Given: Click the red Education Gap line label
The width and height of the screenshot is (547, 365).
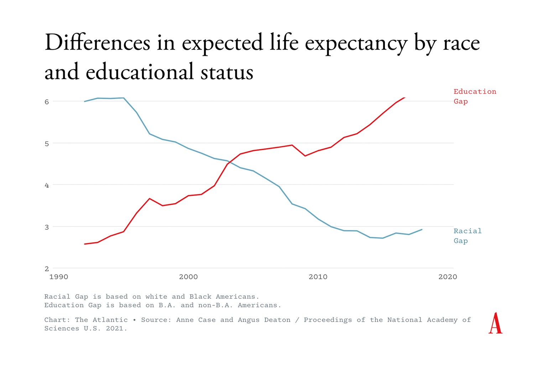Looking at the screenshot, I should pyautogui.click(x=474, y=97).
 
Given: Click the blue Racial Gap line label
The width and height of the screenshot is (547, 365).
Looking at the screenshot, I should pyautogui.click(x=467, y=236).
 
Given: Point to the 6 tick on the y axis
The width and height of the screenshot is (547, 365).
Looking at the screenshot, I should pyautogui.click(x=47, y=102).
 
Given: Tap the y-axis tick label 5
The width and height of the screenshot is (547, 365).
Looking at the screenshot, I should pyautogui.click(x=47, y=144).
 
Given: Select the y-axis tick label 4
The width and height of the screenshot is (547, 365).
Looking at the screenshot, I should pyautogui.click(x=47, y=185).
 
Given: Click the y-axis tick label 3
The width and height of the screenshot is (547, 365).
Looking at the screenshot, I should pyautogui.click(x=47, y=227).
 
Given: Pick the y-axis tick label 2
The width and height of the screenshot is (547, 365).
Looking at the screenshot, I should pyautogui.click(x=47, y=269).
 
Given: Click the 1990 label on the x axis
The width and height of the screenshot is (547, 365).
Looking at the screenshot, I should pyautogui.click(x=59, y=277).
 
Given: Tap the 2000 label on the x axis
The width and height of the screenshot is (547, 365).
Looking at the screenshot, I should pyautogui.click(x=188, y=277).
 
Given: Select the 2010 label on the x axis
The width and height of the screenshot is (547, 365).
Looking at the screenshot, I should pyautogui.click(x=318, y=277).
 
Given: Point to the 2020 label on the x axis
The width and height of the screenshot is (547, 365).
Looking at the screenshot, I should pyautogui.click(x=448, y=277).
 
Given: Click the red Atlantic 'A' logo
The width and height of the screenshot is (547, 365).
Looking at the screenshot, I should pyautogui.click(x=495, y=323).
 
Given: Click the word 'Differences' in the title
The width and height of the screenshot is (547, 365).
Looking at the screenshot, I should pyautogui.click(x=98, y=43).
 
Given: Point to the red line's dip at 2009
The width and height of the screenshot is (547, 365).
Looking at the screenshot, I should pyautogui.click(x=305, y=156).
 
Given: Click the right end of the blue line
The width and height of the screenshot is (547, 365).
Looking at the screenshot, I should pyautogui.click(x=422, y=230).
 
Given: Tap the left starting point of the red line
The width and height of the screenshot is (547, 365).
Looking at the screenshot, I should pyautogui.click(x=84, y=244).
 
